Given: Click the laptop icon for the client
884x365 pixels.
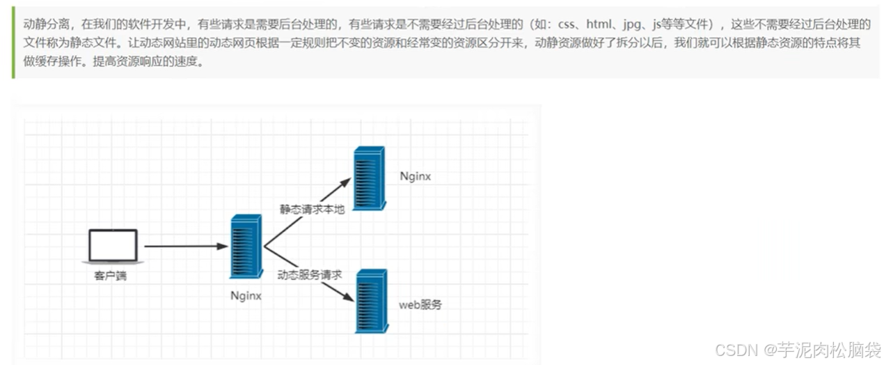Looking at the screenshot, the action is (113, 246).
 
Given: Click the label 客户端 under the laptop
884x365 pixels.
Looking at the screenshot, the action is (111, 277).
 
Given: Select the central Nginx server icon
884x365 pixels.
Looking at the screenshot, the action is (246, 247).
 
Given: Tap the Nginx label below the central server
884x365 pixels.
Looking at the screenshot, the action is (246, 295).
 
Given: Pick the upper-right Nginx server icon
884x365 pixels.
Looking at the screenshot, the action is (369, 178).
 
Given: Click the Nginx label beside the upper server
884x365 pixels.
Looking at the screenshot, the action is (416, 177).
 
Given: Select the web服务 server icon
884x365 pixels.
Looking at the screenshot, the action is (371, 300).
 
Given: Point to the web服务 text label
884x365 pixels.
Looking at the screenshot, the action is (420, 305).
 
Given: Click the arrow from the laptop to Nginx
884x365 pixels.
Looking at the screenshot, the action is (184, 246).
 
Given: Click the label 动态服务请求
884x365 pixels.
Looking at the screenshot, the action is (310, 275).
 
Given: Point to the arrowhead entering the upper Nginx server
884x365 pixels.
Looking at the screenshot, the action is (346, 182).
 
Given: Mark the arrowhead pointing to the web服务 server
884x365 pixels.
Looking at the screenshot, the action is (347, 297).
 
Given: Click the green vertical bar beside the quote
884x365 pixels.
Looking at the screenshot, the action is (13, 43).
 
